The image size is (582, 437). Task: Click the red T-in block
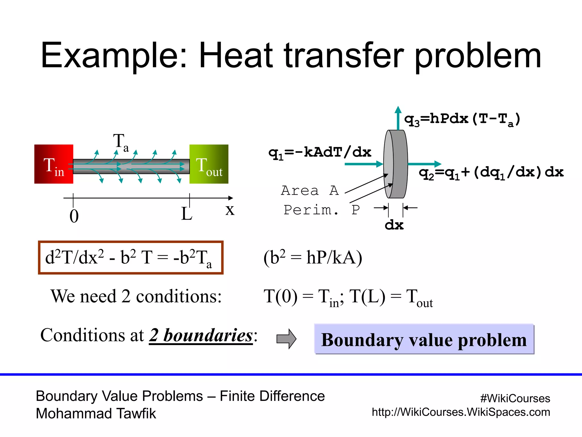coord(54,164)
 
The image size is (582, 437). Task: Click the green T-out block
coord(209,164)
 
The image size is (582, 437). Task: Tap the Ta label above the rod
coord(121,142)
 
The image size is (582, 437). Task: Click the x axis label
coord(230,210)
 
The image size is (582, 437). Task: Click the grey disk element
coord(396,164)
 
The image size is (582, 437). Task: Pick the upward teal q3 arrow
coord(398,118)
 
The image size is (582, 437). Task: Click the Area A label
coord(310,190)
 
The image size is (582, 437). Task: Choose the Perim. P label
coord(322,210)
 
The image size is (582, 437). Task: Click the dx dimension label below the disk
coord(394,225)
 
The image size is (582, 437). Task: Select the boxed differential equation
coord(131,257)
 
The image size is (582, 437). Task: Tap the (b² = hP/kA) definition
coord(313,257)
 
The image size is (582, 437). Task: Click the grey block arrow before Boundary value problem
coord(286,339)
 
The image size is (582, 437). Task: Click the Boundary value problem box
coord(424,339)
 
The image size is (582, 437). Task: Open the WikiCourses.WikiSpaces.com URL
coord(461,412)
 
